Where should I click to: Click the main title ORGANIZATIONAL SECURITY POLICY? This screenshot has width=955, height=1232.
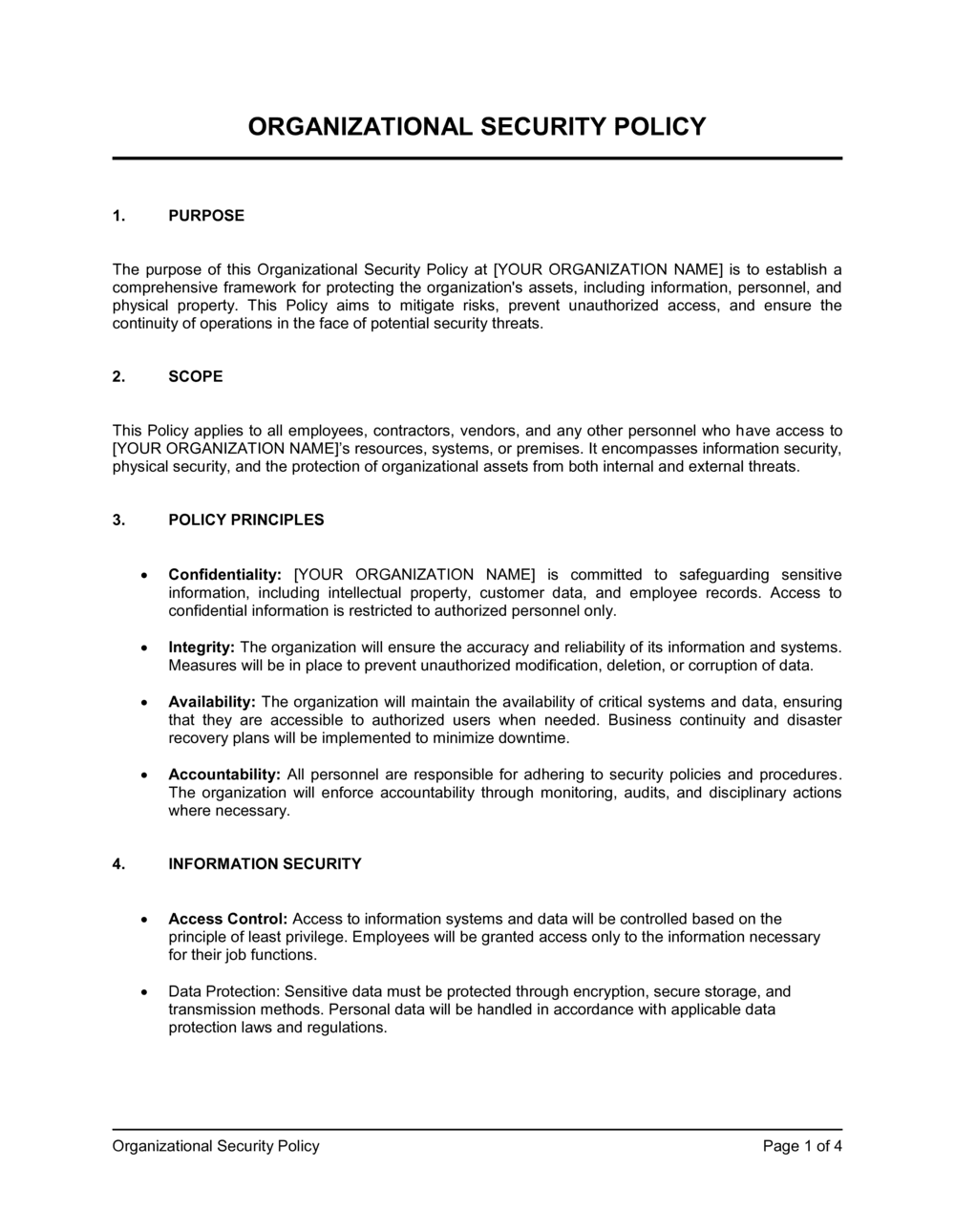pyautogui.click(x=477, y=126)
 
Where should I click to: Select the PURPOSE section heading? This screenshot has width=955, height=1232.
pyautogui.click(x=206, y=216)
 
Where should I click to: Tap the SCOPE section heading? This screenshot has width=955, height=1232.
pyautogui.click(x=196, y=376)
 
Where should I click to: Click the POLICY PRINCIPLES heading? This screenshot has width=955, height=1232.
pyautogui.click(x=246, y=520)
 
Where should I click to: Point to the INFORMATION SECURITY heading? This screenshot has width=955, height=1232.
pyautogui.click(x=265, y=864)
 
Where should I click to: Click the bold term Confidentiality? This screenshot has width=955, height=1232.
pyautogui.click(x=224, y=575)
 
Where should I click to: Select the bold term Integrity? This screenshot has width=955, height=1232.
pyautogui.click(x=202, y=648)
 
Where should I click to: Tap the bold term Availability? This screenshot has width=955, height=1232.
pyautogui.click(x=212, y=702)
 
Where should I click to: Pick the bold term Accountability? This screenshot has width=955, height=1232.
pyautogui.click(x=224, y=775)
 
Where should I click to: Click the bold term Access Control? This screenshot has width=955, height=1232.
pyautogui.click(x=227, y=920)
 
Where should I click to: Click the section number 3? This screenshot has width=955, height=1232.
pyautogui.click(x=118, y=520)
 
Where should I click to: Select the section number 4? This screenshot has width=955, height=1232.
pyautogui.click(x=118, y=864)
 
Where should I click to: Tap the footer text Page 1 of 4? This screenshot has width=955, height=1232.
pyautogui.click(x=802, y=1146)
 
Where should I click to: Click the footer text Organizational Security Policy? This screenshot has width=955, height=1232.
pyautogui.click(x=216, y=1146)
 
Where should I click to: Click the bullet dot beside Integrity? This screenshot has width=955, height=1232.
pyautogui.click(x=143, y=648)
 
